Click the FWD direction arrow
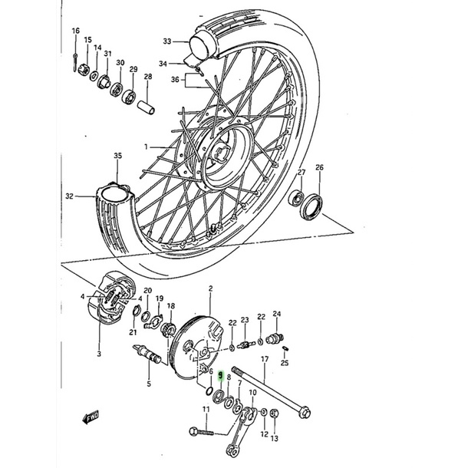click(x=91, y=417)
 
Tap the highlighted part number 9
click(x=221, y=376)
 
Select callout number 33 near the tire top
click(x=167, y=41)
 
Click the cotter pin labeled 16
click(x=75, y=63)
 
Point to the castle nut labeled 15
click(x=84, y=70)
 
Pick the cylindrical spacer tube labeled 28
click(x=147, y=107)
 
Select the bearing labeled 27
click(x=296, y=199)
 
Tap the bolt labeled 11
click(x=202, y=431)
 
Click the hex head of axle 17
click(x=305, y=413)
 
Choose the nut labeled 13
click(x=275, y=414)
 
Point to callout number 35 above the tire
click(x=118, y=156)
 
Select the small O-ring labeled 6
click(x=209, y=391)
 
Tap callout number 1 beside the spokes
click(x=146, y=147)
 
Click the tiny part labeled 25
click(x=285, y=348)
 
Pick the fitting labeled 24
click(x=275, y=338)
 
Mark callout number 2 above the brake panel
click(x=211, y=288)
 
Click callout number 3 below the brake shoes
click(x=99, y=354)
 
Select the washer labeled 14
click(x=94, y=76)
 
